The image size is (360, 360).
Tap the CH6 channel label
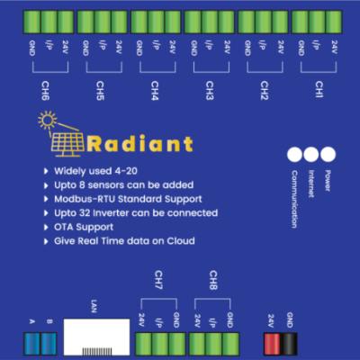(46, 88)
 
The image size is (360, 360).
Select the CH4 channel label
(155, 88)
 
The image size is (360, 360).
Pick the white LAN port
(94, 339)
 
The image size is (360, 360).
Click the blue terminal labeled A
(32, 341)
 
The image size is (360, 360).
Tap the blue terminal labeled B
(50, 341)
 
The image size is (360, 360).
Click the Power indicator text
(328, 180)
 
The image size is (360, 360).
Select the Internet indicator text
(310, 184)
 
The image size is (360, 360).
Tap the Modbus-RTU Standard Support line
(128, 198)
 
